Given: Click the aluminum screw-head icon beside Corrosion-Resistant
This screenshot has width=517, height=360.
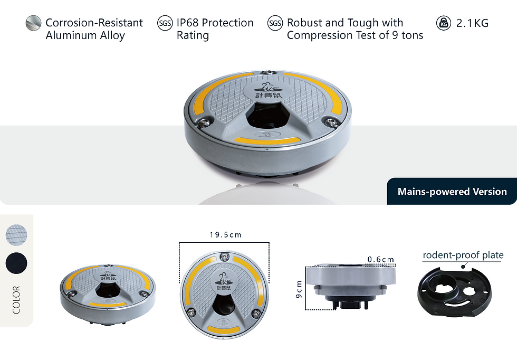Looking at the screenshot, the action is (33, 23).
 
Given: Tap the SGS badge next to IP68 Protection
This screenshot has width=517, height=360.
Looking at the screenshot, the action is (165, 23).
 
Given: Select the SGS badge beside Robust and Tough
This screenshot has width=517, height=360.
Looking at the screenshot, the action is (275, 23).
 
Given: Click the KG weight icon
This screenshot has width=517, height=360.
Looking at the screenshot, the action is (444, 23).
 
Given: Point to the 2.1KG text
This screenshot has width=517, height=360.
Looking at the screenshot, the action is (472, 23).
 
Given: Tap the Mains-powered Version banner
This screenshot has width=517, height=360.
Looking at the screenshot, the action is (452, 192).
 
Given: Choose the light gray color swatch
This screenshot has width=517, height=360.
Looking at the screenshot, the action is (16, 235).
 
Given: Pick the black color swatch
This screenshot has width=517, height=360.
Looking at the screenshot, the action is (16, 263).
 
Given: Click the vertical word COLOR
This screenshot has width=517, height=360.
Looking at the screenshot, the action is (16, 300).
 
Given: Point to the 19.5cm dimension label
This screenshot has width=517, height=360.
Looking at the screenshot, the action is (226, 235).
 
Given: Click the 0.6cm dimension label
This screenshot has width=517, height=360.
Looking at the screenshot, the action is (381, 259).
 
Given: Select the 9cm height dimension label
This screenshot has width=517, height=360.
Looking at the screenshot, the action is (299, 289).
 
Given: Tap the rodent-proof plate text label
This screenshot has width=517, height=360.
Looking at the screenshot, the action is (463, 255).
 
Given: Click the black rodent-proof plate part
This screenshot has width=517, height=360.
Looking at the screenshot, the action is (455, 292).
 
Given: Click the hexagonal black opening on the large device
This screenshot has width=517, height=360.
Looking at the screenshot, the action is (266, 116).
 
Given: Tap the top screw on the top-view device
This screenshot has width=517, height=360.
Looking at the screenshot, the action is (224, 257).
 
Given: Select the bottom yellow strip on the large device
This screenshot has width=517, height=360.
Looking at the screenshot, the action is (267, 140).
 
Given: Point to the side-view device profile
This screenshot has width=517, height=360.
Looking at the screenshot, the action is (350, 287).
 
